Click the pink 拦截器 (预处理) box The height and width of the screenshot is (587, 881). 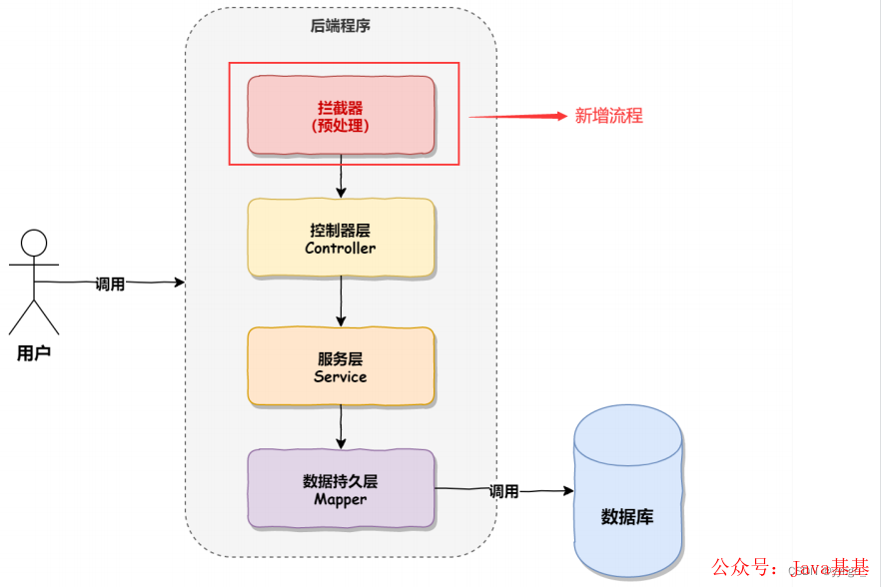[x=341, y=115]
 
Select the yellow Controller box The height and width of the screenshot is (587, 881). [x=341, y=238]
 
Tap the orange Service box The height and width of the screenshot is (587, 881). [x=341, y=366]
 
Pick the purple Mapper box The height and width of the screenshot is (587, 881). [x=341, y=489]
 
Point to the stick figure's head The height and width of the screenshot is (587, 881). [x=34, y=243]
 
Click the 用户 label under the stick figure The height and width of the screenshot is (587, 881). [x=34, y=353]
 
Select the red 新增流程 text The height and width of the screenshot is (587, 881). [x=608, y=116]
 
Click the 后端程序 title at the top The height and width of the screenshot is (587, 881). [x=341, y=27]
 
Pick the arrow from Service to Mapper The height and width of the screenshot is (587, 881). [x=341, y=426]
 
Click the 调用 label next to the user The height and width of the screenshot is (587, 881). [x=110, y=284]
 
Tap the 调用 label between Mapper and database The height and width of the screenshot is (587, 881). [x=503, y=491]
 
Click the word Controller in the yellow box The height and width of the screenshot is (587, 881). [x=341, y=248]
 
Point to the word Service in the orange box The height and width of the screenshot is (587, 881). [x=341, y=376]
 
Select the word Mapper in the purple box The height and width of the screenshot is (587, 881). [x=341, y=499]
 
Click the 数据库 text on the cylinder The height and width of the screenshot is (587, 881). [x=627, y=517]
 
